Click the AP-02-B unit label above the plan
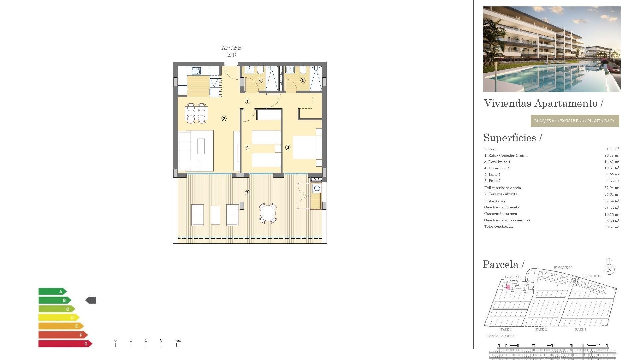[x=231, y=48]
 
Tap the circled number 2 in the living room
[x=224, y=118]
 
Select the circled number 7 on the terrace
[x=247, y=193]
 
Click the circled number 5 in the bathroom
[x=303, y=80]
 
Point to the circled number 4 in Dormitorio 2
[x=247, y=147]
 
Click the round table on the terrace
[x=268, y=213]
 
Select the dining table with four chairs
[x=196, y=113]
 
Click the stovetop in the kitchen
[x=196, y=71]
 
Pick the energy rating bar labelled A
[x=52, y=292]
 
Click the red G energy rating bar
[x=65, y=344]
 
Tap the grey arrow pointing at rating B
[x=91, y=300]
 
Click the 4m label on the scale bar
[x=179, y=340]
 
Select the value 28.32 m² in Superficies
[x=612, y=155]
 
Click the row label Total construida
[x=498, y=226]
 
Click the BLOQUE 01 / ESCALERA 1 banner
[x=575, y=121]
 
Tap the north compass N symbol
[x=609, y=269]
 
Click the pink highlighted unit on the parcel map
[x=508, y=287]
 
